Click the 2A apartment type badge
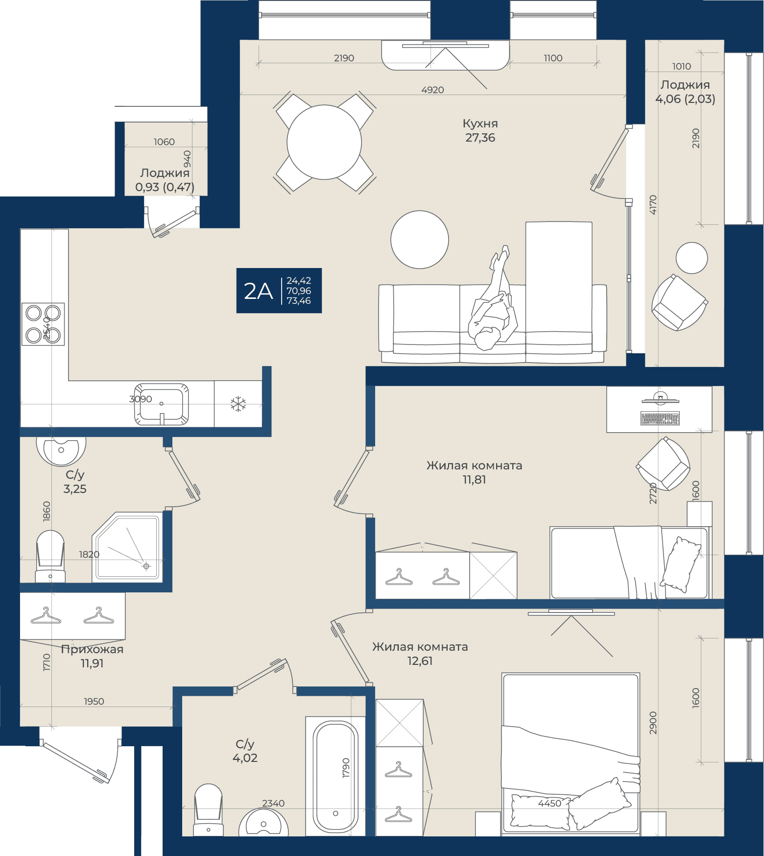279,291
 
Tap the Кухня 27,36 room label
480,131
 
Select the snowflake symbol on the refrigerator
238,404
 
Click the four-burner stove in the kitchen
43,324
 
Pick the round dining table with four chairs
324,142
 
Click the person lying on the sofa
492,299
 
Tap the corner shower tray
127,547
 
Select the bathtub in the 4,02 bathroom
335,777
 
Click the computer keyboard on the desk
660,418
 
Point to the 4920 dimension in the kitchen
432,90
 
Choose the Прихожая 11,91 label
92,656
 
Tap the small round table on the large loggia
692,258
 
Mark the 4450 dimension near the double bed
549,804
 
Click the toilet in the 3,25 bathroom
50,557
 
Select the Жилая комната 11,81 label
474,472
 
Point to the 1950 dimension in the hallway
94,702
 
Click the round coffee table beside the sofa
420,240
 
